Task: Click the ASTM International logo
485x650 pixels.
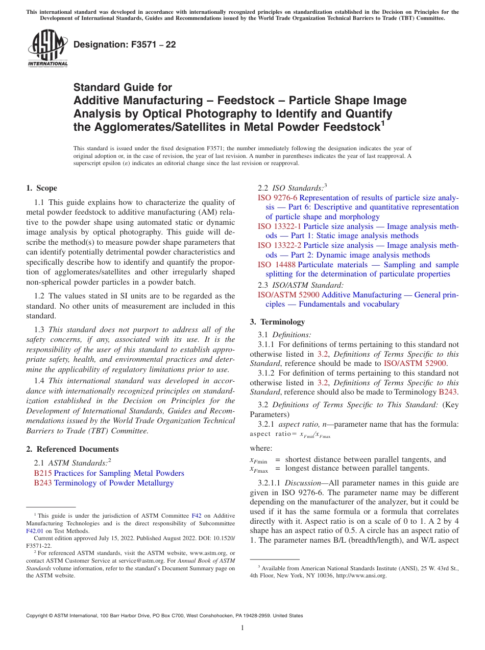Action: tap(47, 48)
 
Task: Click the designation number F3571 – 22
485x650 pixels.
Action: tap(125, 44)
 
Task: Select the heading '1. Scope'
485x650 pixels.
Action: tap(41, 188)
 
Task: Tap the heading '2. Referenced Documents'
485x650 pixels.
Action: tap(72, 449)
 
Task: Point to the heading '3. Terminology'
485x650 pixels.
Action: tap(277, 322)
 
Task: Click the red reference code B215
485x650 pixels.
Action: tap(42, 473)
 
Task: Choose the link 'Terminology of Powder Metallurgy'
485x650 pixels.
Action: tap(114, 483)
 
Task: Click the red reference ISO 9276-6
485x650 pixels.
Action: tap(277, 198)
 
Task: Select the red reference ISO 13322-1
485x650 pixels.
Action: tap(279, 226)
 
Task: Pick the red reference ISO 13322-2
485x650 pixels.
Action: tap(279, 245)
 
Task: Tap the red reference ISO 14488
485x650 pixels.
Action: tap(276, 265)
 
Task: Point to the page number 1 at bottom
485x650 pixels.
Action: tap(243, 628)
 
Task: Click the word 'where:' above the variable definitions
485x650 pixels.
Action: tap(261, 448)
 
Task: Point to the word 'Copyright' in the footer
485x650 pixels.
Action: tap(38, 616)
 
